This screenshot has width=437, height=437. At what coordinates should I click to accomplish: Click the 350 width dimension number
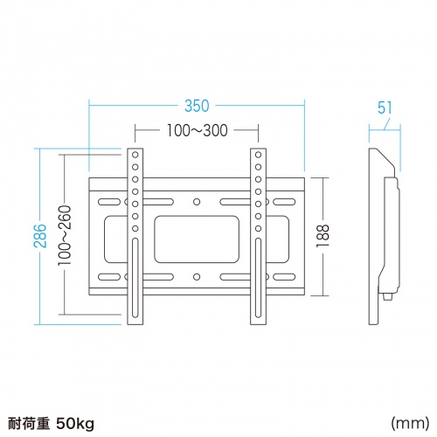point(197,106)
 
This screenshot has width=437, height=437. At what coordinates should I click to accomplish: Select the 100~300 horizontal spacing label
point(197,132)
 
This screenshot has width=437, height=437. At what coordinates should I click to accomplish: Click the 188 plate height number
point(324,236)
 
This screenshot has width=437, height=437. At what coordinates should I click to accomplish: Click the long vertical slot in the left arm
point(135,288)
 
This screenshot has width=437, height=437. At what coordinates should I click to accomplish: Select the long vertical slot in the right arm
point(258,288)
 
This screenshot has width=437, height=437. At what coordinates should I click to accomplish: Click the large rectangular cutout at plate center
point(197,235)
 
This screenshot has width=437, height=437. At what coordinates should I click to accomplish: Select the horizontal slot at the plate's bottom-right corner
point(281,278)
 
